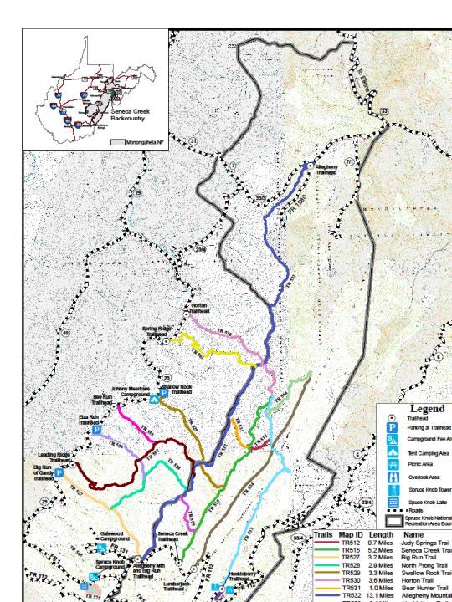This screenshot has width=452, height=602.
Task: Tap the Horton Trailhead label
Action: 198,308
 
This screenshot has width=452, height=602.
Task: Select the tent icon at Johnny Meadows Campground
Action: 155,399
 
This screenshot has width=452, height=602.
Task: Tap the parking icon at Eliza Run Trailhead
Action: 96,431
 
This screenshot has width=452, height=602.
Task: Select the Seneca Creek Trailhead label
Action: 172,536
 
